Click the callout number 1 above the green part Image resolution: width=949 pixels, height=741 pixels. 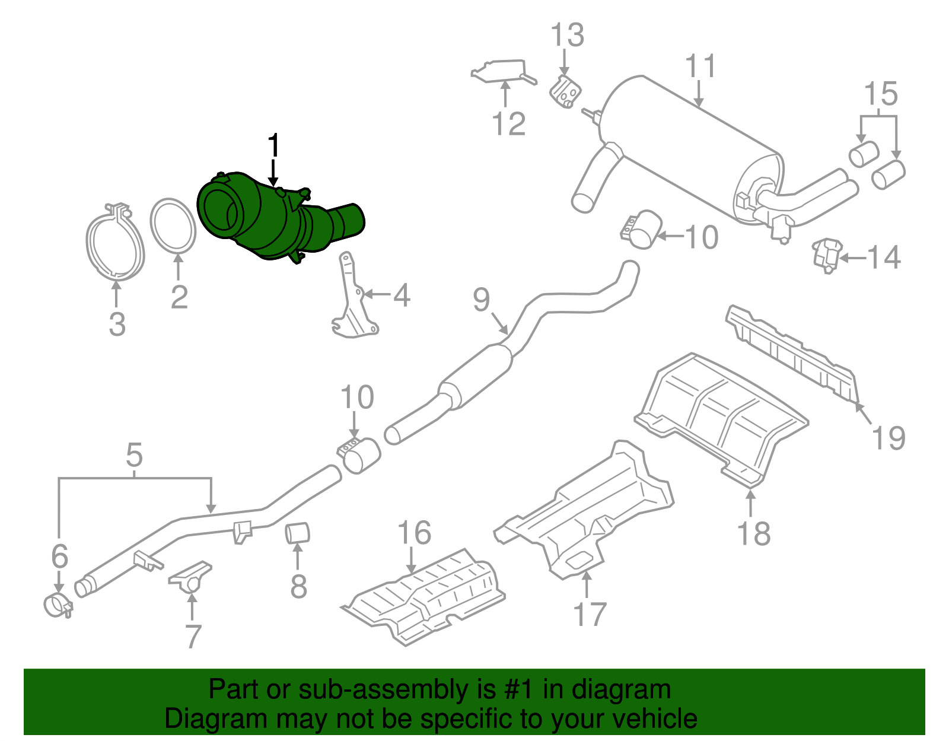point(273,145)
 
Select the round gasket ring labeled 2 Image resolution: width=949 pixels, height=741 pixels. point(173,226)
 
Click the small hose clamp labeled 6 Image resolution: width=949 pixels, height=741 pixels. point(58,605)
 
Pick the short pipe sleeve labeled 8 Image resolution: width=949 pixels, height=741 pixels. point(298,532)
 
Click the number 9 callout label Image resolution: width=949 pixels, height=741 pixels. point(482,300)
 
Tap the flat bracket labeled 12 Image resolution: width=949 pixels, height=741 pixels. point(502,71)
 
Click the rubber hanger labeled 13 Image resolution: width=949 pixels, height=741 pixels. point(566,92)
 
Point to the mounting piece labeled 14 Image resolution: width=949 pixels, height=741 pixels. point(827,254)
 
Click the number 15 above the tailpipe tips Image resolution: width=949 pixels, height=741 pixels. point(881,94)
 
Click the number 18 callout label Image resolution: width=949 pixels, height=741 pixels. point(754,533)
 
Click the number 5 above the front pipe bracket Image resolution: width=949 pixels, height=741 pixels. point(135,455)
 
